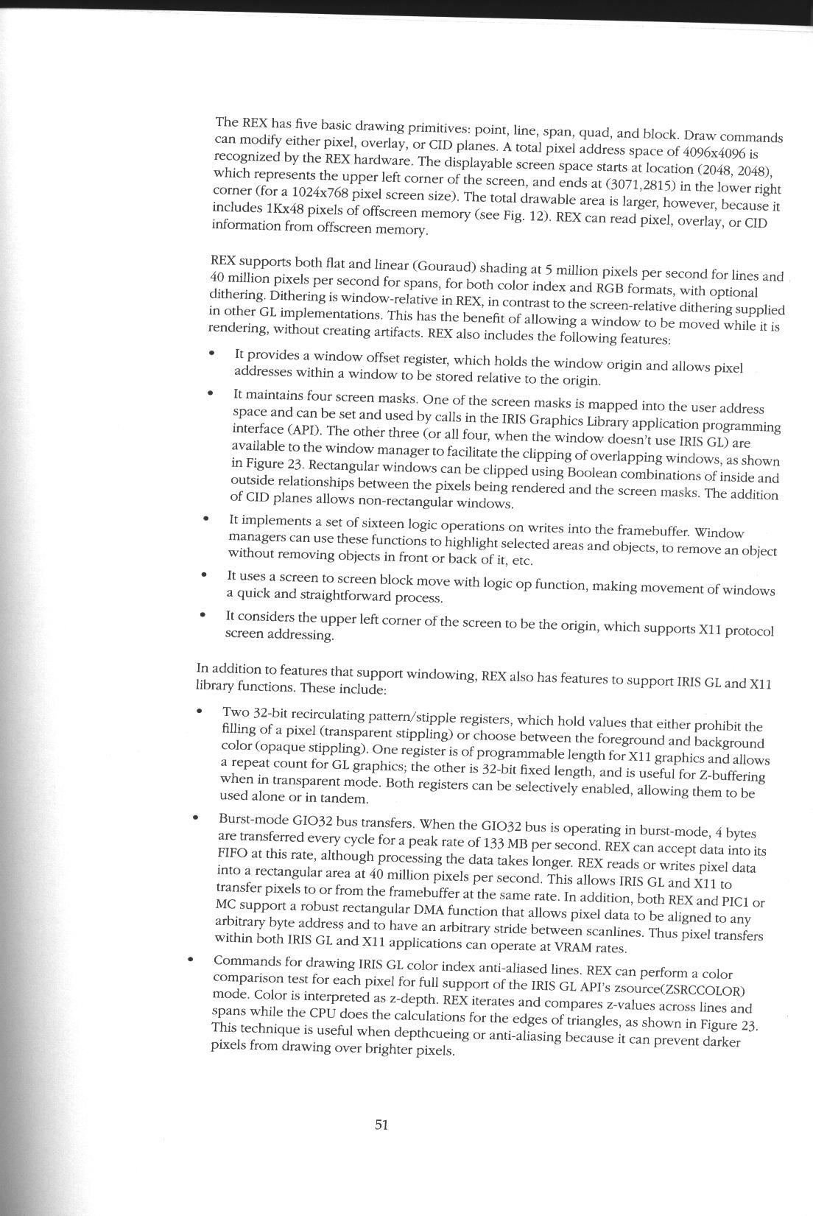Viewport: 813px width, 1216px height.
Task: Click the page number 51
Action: [x=381, y=1125]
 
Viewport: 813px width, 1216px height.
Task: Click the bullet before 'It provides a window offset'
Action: [x=211, y=354]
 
